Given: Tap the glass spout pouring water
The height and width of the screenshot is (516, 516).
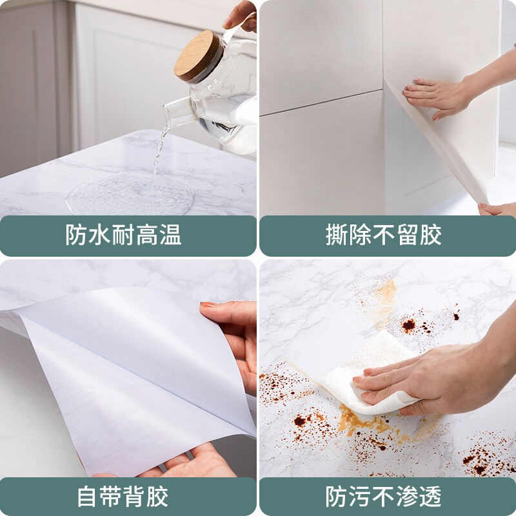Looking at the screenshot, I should [x=175, y=114].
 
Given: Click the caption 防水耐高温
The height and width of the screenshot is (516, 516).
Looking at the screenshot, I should [x=123, y=235].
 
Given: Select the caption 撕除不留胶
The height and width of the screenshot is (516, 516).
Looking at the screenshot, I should [x=384, y=235].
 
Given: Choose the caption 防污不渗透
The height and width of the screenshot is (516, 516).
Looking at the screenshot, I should [x=384, y=497].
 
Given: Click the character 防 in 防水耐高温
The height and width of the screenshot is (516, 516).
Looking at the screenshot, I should [x=77, y=235].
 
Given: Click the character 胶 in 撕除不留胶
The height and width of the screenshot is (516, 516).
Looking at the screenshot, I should [x=431, y=235].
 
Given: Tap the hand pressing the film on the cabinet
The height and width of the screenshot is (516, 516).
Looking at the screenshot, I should [x=439, y=95].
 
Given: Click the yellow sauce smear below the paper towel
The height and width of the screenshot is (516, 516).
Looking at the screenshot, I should [x=361, y=426].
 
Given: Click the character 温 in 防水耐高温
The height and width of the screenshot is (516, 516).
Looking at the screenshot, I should [x=170, y=235].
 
